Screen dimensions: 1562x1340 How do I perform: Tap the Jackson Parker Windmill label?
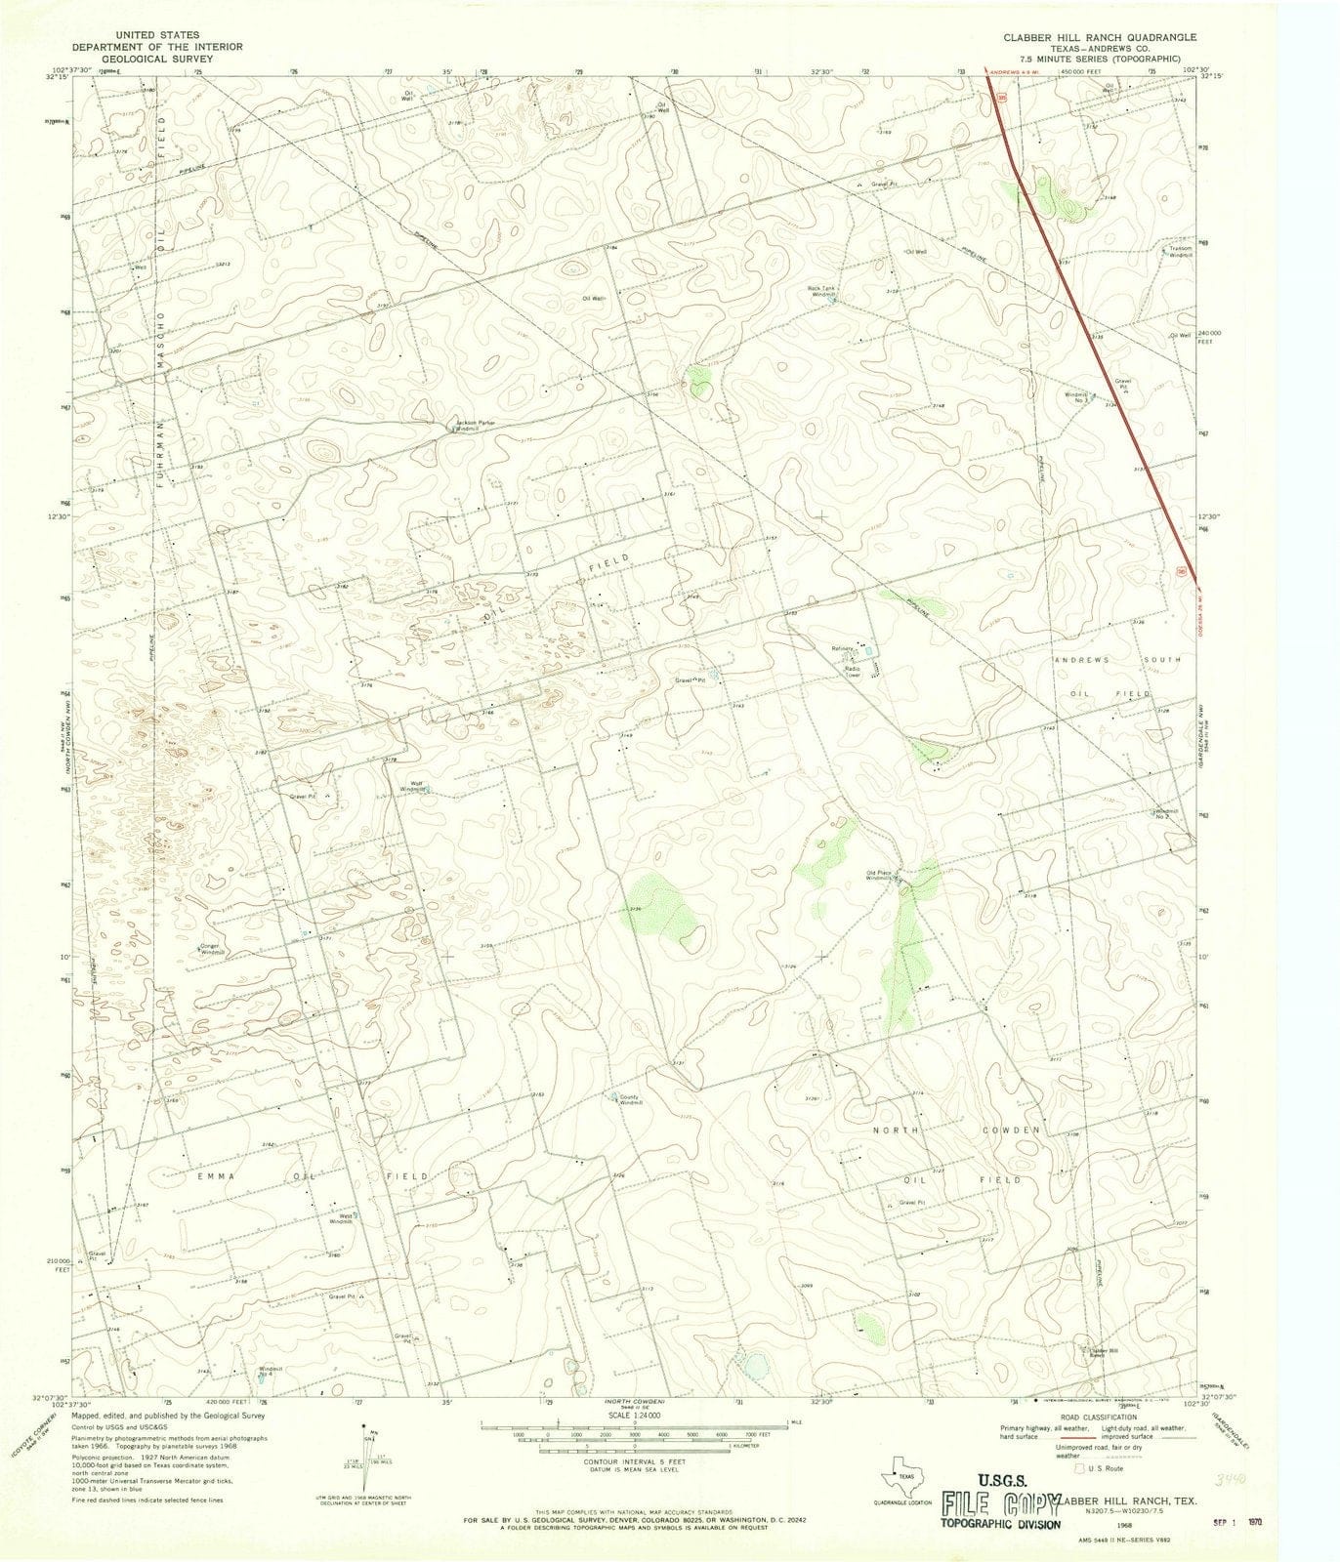pyautogui.click(x=476, y=427)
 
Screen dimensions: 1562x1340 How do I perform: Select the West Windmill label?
pyautogui.click(x=339, y=1218)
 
